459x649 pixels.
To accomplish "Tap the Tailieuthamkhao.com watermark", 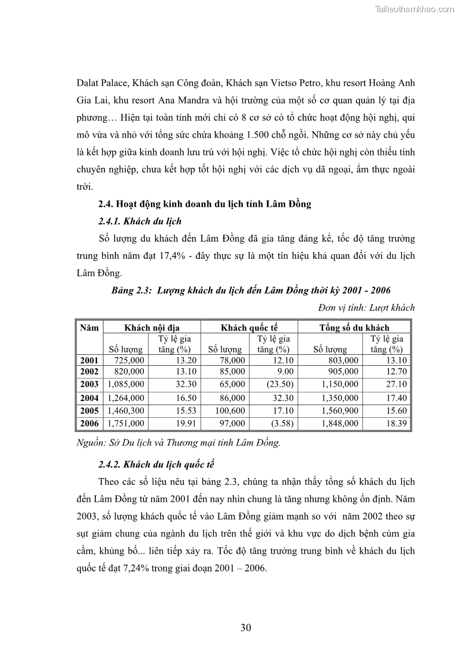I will [414, 9].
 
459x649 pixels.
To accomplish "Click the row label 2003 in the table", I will [89, 384].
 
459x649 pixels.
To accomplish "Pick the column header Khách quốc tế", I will [249, 328].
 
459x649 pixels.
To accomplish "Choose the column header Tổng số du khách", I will [354, 328].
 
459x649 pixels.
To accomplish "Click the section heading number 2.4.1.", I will [110, 221].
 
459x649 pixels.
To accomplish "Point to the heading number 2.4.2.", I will [110, 465].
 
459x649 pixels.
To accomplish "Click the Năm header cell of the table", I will [89, 328].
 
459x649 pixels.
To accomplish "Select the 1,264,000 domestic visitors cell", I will [125, 398].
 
